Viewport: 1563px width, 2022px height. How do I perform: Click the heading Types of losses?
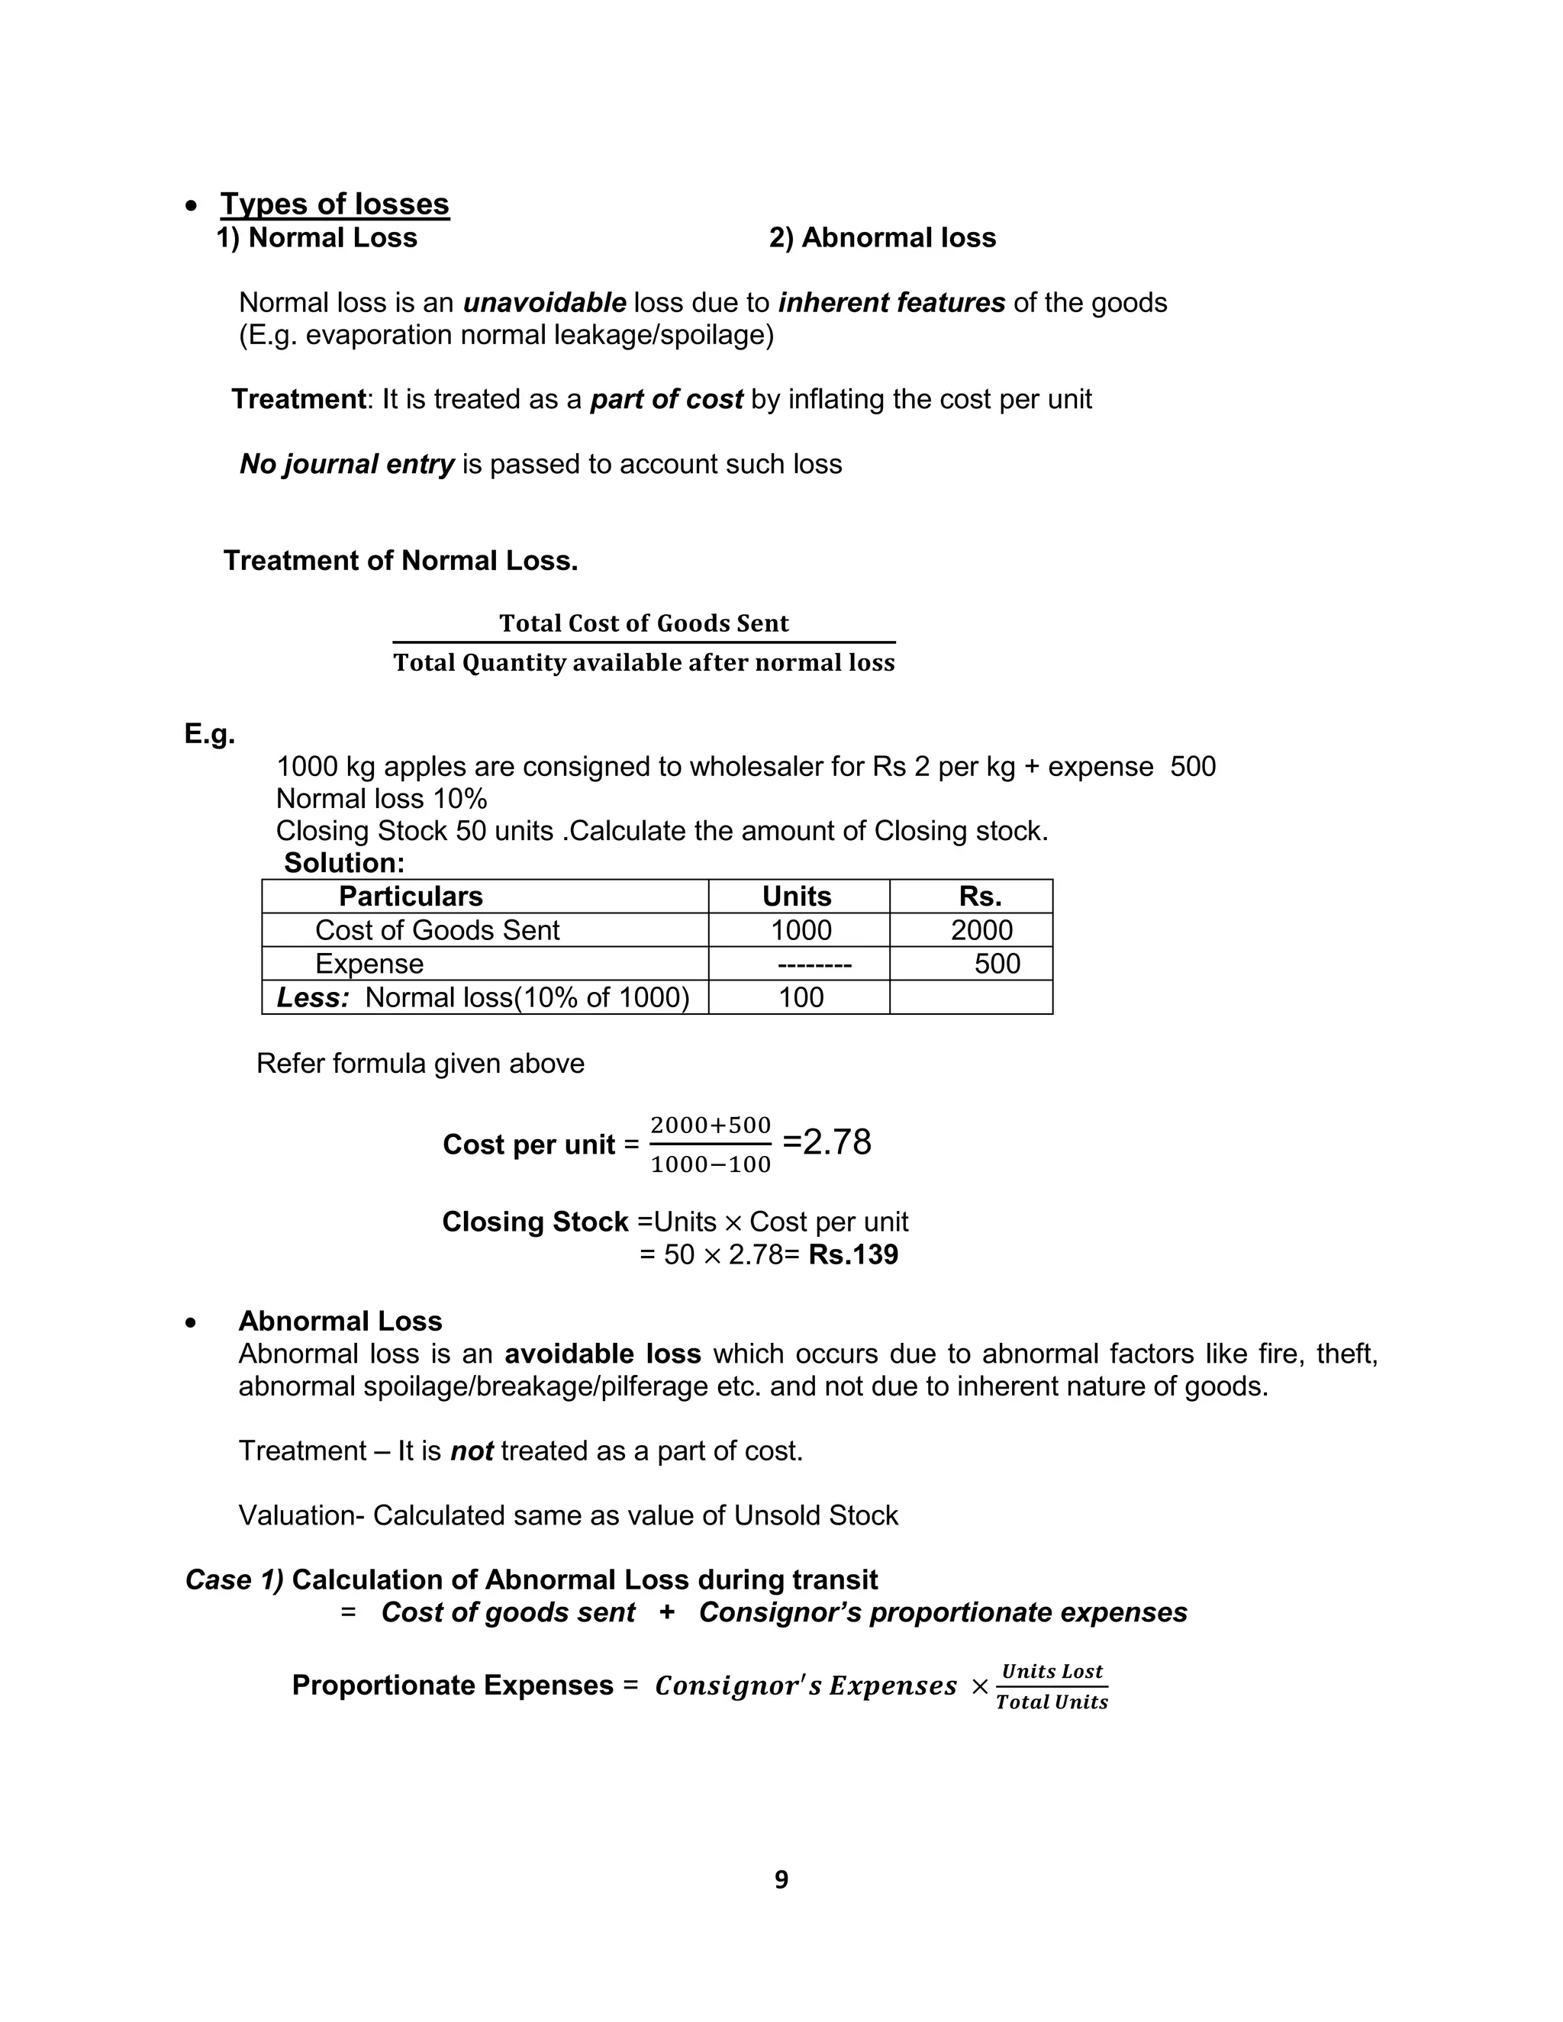pyautogui.click(x=334, y=204)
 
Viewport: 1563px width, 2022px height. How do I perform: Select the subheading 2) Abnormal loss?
pyautogui.click(x=881, y=238)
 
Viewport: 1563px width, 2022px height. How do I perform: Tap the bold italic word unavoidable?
pyautogui.click(x=544, y=303)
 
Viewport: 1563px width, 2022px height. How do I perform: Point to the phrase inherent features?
pyautogui.click(x=891, y=303)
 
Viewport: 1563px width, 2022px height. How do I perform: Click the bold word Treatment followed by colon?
pyautogui.click(x=299, y=399)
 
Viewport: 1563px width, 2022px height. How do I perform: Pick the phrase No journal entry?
pyautogui.click(x=347, y=464)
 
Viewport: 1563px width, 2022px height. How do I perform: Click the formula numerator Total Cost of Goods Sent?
pyautogui.click(x=643, y=623)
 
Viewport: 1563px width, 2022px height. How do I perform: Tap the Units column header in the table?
pyautogui.click(x=796, y=897)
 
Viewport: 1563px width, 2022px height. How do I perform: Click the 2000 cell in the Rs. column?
pyautogui.click(x=981, y=929)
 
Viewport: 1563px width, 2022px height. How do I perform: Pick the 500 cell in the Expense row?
pyautogui.click(x=996, y=964)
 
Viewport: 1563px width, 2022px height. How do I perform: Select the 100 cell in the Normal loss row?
pyautogui.click(x=801, y=997)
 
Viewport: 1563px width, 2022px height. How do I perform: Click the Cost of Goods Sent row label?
pyautogui.click(x=437, y=929)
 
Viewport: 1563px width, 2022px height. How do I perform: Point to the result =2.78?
pyautogui.click(x=827, y=1142)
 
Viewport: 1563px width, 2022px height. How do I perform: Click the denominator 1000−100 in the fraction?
pyautogui.click(x=711, y=1164)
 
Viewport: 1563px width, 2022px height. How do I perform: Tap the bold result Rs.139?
pyautogui.click(x=852, y=1254)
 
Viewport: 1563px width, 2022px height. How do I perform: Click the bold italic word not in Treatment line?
pyautogui.click(x=472, y=1450)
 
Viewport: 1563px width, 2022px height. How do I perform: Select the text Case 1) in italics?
pyautogui.click(x=234, y=1579)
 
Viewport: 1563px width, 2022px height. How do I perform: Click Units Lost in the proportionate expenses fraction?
pyautogui.click(x=1052, y=1671)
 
